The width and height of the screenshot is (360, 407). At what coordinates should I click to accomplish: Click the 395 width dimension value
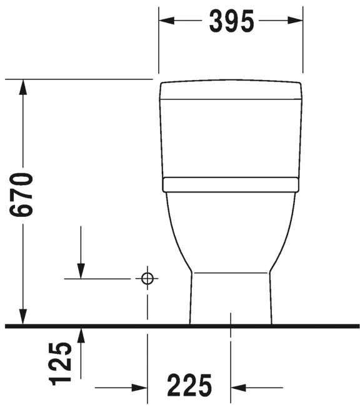pyautogui.click(x=231, y=21)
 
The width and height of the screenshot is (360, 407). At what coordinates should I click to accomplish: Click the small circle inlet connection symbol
pyautogui.click(x=147, y=278)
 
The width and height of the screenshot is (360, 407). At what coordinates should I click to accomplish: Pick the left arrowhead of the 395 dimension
pyautogui.click(x=166, y=21)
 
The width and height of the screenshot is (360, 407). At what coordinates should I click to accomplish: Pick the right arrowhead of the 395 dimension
pyautogui.click(x=296, y=21)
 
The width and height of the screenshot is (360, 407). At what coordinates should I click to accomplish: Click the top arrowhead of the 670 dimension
pyautogui.click(x=24, y=88)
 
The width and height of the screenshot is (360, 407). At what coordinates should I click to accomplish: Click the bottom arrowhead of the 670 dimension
pyautogui.click(x=24, y=318)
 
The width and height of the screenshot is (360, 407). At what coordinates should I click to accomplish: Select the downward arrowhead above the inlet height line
pyautogui.click(x=81, y=270)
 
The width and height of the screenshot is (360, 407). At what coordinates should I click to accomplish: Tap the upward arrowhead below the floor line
pyautogui.click(x=81, y=334)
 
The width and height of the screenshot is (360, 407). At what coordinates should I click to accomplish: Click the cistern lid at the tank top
pyautogui.click(x=231, y=90)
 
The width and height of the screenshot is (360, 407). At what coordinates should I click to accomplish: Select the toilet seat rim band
pyautogui.click(x=230, y=184)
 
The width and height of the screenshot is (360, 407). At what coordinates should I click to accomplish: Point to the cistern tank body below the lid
pyautogui.click(x=231, y=138)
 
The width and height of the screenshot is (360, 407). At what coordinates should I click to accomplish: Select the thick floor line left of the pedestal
pyautogui.click(x=94, y=326)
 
